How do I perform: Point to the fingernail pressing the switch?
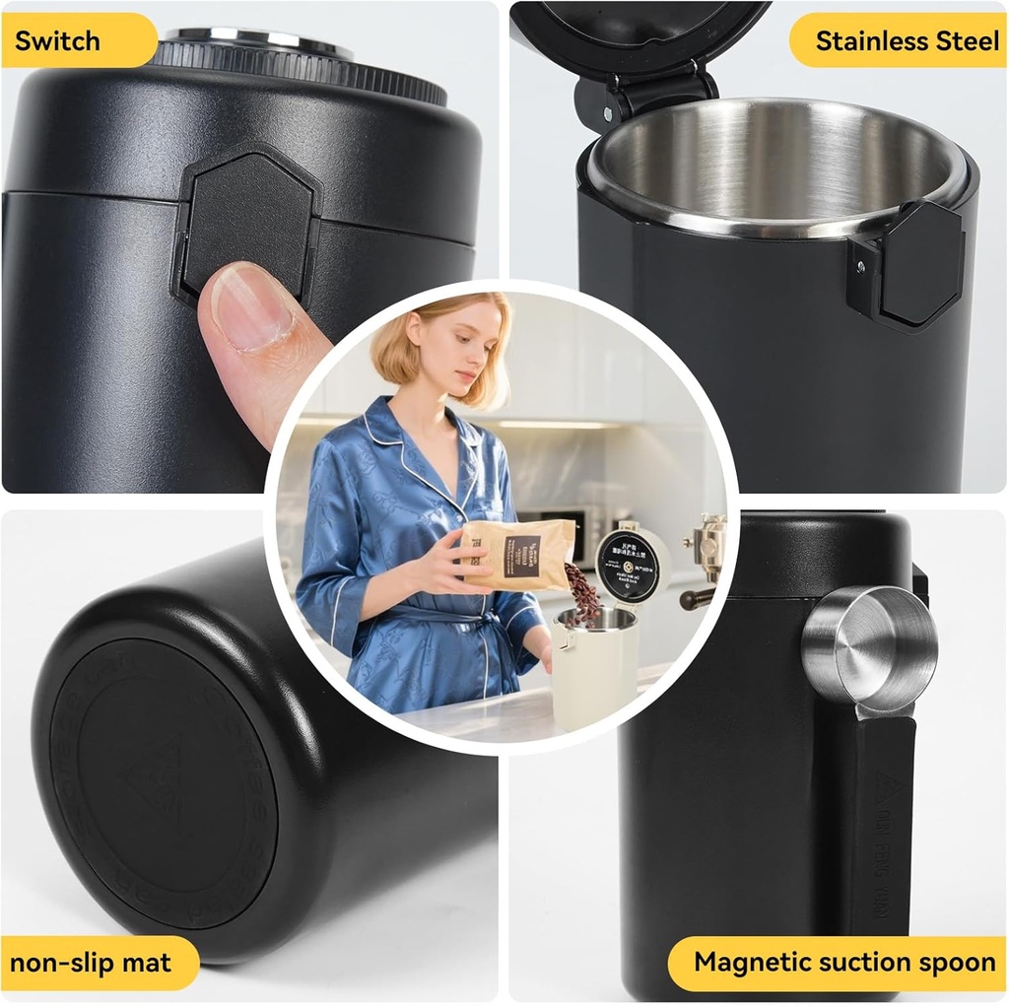(252, 306)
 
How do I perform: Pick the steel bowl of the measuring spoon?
(867, 645)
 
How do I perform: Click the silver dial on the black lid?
(257, 41)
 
